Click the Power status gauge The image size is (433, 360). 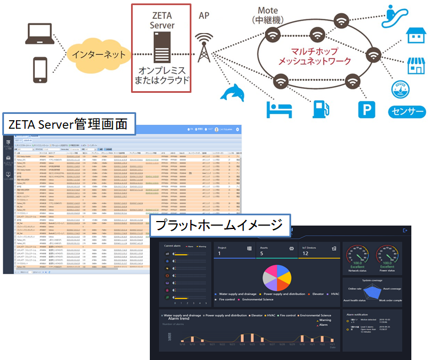coord(387,256)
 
